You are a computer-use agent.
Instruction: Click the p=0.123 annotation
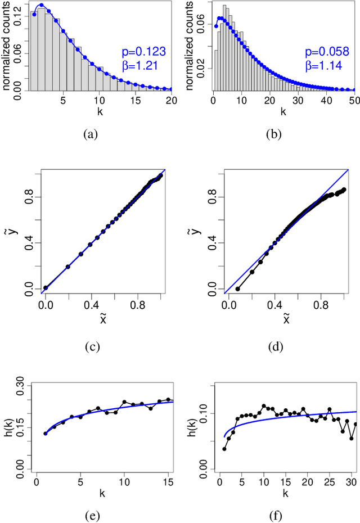tap(143, 52)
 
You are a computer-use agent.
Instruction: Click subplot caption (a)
tap(90, 134)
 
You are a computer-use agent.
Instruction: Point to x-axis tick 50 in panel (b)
tap(353, 100)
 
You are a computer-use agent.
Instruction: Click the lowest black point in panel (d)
tap(238, 289)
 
